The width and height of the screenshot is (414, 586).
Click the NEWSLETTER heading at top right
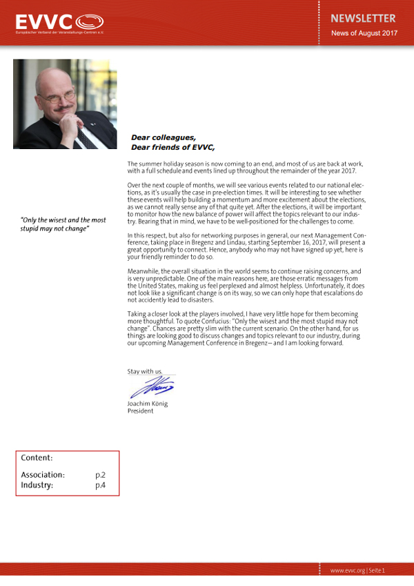363,19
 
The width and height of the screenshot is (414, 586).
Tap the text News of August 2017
364,33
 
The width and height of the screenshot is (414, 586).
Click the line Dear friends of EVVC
172,147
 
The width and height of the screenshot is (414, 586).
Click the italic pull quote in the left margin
63,224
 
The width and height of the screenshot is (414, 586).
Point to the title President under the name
140,411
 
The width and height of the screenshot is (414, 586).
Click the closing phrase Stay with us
144,371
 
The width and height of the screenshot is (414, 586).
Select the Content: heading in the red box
37,458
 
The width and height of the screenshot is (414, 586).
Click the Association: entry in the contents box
43,475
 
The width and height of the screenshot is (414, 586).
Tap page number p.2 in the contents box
100,475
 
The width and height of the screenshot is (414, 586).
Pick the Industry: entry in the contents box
37,485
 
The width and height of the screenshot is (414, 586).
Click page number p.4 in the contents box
100,485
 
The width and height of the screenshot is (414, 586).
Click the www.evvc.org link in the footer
347,571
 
